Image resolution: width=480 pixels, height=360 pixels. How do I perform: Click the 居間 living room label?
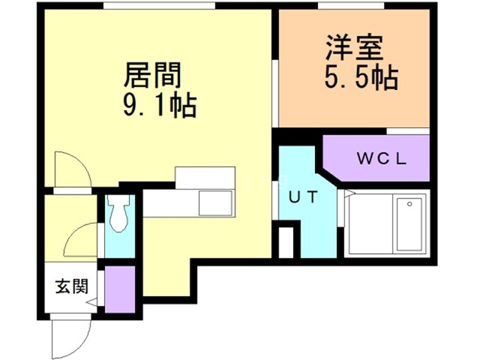tap(153, 75)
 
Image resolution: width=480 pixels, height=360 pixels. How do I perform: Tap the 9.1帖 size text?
tap(160, 105)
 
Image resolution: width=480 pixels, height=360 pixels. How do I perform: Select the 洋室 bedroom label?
tap(355, 48)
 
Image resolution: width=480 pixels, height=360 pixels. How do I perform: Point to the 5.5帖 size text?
tap(361, 77)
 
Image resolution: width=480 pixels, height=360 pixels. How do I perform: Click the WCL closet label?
tap(382, 158)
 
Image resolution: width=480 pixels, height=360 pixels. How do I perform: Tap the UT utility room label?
tap(303, 197)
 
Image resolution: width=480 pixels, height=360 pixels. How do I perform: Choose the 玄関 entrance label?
tap(72, 286)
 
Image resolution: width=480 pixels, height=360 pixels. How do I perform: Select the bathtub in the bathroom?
tap(409, 224)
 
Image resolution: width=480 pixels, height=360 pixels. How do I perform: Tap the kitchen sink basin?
tap(215, 203)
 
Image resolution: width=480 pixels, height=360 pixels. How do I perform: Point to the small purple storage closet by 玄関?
tap(120, 289)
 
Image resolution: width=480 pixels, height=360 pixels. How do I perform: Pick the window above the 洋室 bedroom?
tap(351, 5)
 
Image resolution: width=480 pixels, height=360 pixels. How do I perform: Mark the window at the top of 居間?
tap(159, 5)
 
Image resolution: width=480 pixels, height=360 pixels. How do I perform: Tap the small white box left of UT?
tap(286, 242)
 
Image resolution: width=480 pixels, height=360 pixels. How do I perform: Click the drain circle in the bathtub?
tap(409, 204)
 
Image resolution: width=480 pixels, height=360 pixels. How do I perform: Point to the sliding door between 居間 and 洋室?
tap(275, 94)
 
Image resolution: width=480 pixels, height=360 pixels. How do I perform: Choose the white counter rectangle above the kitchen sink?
tap(205, 178)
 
